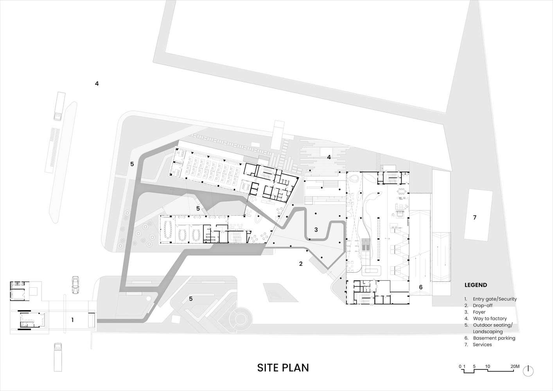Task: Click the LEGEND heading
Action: (476, 285)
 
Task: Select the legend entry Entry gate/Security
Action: (495, 299)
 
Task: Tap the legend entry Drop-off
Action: (483, 305)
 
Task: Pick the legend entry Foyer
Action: (479, 312)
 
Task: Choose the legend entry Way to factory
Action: (490, 318)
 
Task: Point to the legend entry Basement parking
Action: (494, 338)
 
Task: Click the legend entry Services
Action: (482, 344)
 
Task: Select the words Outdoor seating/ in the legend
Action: (493, 325)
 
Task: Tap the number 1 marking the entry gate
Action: (72, 320)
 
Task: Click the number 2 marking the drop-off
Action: (301, 264)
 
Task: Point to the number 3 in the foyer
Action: (316, 230)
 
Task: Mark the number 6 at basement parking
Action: (421, 287)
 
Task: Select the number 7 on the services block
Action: (474, 217)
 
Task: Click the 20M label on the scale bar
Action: (515, 367)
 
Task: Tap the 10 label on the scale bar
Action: (487, 367)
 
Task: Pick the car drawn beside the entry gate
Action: (75, 285)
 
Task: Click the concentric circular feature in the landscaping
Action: (239, 319)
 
